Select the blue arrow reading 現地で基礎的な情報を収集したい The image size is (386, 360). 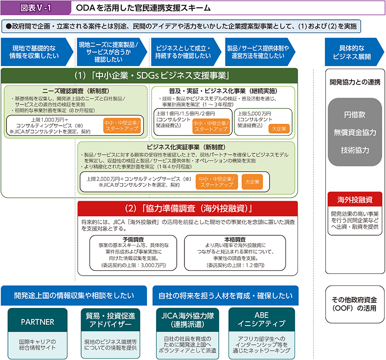[x=35, y=52]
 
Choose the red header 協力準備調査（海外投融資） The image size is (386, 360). [x=188, y=208]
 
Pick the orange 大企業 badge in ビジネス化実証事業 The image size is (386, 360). [x=252, y=181]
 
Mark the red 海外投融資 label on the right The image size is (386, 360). [x=354, y=199]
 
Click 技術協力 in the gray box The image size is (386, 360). [x=354, y=150]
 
